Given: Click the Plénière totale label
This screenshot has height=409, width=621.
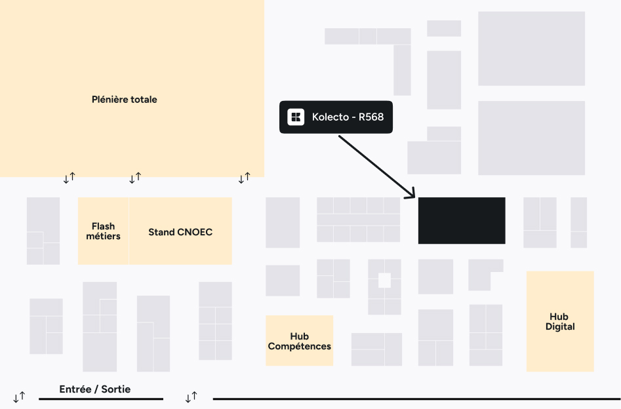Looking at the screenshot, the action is coord(125,100).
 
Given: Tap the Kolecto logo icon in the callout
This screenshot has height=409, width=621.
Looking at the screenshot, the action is coord(296,117).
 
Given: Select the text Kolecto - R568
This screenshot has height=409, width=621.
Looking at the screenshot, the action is coord(348,117).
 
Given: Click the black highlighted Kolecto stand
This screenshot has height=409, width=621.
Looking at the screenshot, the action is coord(462,220).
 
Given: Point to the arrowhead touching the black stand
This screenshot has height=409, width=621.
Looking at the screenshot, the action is coord(412,194).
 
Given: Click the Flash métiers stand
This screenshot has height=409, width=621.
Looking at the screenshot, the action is coord(104,231).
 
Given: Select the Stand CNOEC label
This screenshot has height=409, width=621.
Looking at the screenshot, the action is coord(180,232).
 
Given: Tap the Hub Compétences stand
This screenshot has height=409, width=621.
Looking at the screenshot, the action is coord(300,340).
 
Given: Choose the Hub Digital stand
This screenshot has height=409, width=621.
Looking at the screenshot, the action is coord(560,321).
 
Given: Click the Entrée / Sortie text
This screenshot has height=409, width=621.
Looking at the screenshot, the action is coord(95,389).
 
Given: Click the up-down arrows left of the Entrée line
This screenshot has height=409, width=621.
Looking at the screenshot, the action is coord(20,397).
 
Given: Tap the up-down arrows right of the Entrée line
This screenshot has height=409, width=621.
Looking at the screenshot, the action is coord(191,397).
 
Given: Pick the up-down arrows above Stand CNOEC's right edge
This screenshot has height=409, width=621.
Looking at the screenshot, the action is coord(245,178).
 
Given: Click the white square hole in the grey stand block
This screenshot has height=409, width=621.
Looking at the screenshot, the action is coord(384,281).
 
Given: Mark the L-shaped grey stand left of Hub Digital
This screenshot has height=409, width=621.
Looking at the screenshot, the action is coord(479,275).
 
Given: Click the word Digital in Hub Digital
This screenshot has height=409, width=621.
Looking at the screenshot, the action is coord(560,326).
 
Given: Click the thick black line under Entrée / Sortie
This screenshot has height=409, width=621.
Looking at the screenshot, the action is coord(101,399).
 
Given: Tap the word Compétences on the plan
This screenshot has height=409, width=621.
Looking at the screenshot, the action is coord(300,346).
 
